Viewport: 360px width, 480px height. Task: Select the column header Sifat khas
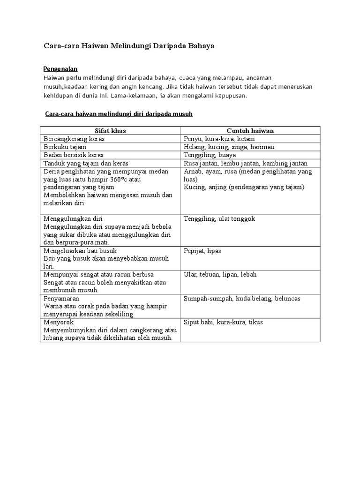click(111, 131)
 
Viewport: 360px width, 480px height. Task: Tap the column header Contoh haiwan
click(250, 131)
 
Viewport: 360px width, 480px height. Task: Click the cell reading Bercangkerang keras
click(74, 139)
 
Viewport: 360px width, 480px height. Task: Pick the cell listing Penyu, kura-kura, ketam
click(219, 139)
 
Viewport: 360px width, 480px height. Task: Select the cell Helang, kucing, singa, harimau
click(229, 147)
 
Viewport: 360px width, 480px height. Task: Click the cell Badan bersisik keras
click(73, 155)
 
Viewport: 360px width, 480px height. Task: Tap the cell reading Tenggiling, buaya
click(210, 155)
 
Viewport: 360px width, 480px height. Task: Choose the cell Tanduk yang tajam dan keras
click(86, 163)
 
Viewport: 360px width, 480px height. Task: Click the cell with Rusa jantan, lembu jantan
click(246, 163)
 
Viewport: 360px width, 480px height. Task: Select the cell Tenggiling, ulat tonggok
click(219, 219)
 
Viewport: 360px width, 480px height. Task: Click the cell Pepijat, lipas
click(202, 251)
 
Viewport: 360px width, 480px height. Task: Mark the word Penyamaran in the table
click(61, 298)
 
